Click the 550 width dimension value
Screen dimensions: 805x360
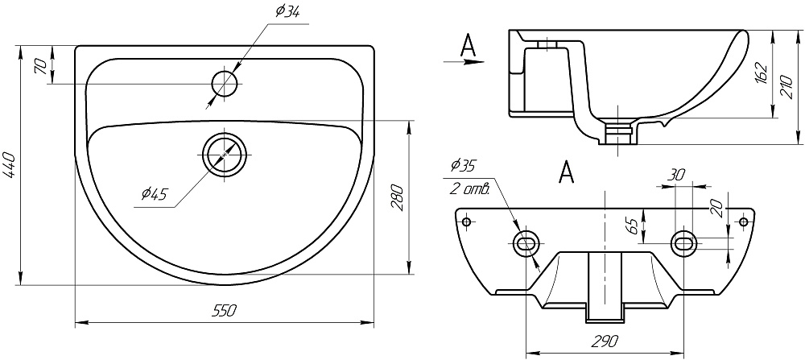tap(225, 311)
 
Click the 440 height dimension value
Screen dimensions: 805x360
tap(9, 164)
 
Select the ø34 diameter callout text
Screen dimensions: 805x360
tap(287, 11)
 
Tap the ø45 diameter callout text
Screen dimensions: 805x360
tap(154, 194)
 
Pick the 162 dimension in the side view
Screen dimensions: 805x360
tap(762, 73)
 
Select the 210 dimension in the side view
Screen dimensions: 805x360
tap(786, 85)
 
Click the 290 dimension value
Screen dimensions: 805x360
tap(605, 341)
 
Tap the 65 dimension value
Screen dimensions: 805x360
tap(634, 226)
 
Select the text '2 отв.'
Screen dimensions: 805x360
tap(470, 188)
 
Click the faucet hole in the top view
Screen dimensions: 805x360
tap(225, 83)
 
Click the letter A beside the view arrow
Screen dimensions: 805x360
tap(469, 45)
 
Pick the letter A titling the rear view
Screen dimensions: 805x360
tap(566, 172)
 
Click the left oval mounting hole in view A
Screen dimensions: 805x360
tap(526, 244)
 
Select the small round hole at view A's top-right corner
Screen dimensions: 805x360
tap(743, 221)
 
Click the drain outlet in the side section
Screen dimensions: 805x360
tap(618, 132)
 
